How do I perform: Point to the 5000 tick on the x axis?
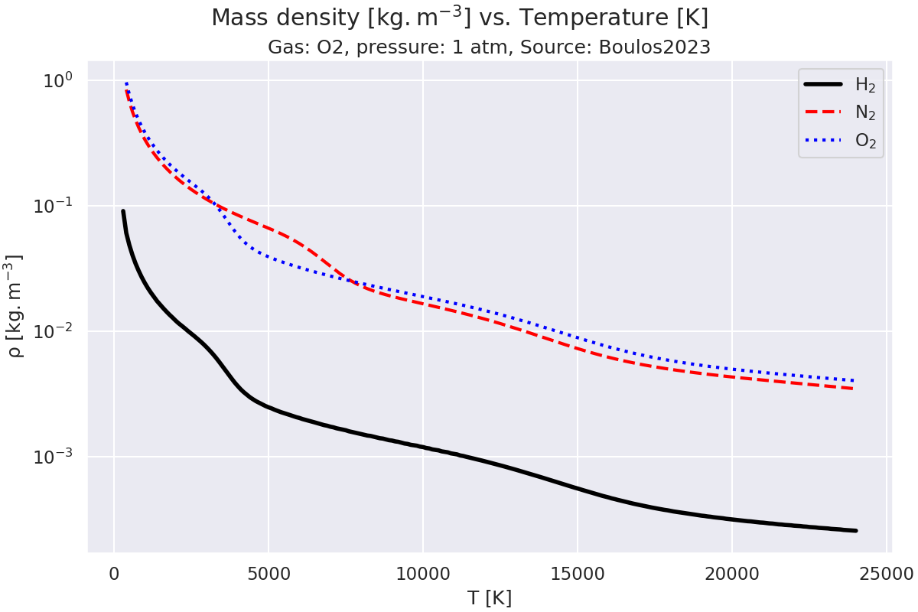(x=268, y=573)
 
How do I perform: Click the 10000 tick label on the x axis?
(x=422, y=573)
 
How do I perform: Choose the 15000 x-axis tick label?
(x=577, y=573)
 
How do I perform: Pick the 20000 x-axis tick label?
(x=731, y=573)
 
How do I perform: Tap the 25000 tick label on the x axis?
(x=886, y=573)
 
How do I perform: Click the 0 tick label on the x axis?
(x=114, y=573)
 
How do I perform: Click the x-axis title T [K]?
(x=490, y=598)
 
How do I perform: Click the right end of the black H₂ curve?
(x=855, y=530)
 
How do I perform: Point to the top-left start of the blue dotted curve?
(x=126, y=83)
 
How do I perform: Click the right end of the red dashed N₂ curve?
(x=853, y=389)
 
